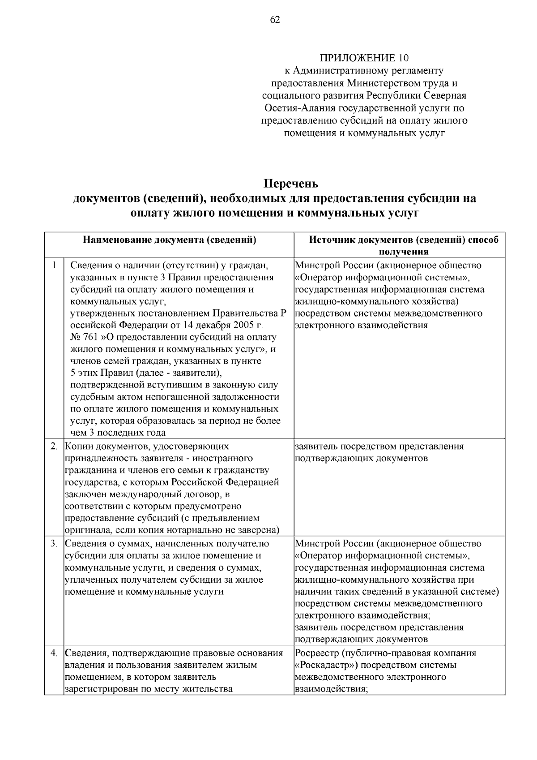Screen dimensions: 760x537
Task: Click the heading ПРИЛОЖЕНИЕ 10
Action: coord(364,58)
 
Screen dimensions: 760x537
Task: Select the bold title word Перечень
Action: coord(290,184)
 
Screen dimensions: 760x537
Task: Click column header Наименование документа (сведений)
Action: coord(170,240)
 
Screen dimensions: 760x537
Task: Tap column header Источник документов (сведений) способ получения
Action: coord(404,245)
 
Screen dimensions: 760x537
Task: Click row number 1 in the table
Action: coord(54,265)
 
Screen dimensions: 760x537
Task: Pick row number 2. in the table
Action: coord(54,447)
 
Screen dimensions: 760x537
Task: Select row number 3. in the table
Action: coord(54,544)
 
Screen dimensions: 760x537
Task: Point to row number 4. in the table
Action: coord(54,653)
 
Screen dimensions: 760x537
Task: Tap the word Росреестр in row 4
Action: coord(316,653)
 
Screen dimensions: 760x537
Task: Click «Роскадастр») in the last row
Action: coord(328,665)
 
